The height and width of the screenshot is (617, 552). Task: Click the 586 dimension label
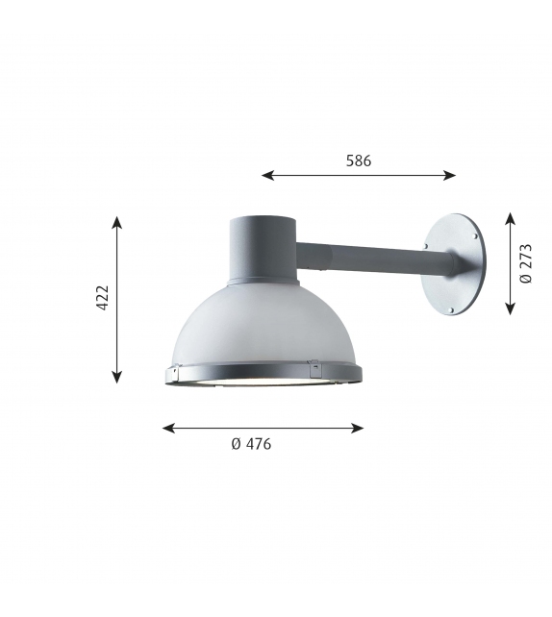coord(359,160)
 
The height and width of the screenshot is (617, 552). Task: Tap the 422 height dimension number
coord(103,298)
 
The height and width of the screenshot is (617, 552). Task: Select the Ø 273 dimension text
coord(526,263)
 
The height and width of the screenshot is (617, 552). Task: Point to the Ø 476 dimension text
coord(251,444)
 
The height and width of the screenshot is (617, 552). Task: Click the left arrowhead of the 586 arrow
coord(267,175)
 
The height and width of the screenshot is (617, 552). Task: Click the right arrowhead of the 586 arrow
coord(450,175)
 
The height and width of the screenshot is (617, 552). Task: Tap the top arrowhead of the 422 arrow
coord(116,222)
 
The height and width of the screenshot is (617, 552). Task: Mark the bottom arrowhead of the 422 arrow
coord(116,377)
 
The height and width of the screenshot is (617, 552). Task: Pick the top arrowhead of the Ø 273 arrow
coord(511,219)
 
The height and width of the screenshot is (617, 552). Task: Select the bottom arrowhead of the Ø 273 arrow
coord(511,308)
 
